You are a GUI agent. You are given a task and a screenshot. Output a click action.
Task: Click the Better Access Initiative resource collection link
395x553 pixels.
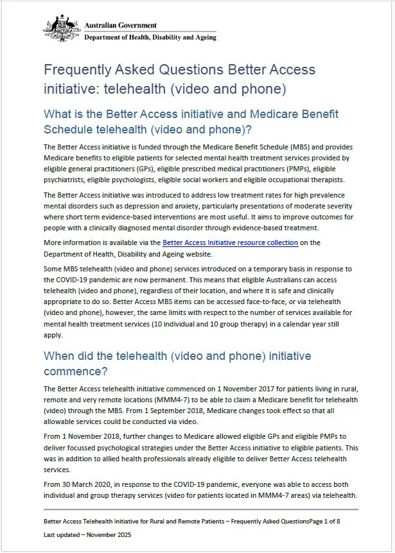(x=230, y=242)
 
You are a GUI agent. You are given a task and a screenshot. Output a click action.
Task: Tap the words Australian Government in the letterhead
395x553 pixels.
(x=120, y=26)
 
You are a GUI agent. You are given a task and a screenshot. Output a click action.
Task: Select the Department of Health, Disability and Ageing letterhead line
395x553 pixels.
(x=150, y=37)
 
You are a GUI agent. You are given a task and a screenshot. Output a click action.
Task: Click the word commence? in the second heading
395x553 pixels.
(x=73, y=371)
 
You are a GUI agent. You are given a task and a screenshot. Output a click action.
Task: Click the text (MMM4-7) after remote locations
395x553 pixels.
(x=148, y=398)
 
